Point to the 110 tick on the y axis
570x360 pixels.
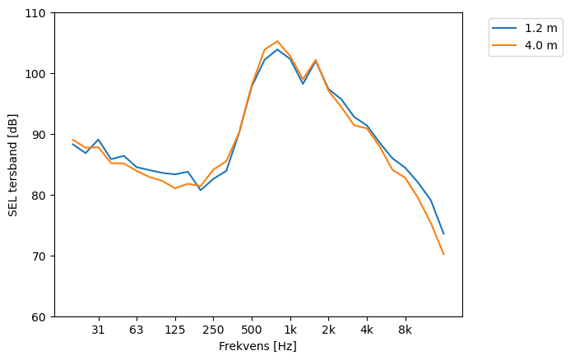coord(38,13)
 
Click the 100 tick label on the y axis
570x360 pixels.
coord(38,74)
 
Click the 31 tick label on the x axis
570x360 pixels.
coord(98,330)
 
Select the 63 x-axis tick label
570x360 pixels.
coord(137,330)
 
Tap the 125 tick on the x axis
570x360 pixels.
coord(174,330)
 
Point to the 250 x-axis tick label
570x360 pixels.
coord(213,330)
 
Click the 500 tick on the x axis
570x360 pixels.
coord(252,330)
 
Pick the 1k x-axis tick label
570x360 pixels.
coord(290,330)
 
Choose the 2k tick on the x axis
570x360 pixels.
coord(328,330)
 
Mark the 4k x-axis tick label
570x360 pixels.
coord(367,330)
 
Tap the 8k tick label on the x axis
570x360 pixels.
coord(405,330)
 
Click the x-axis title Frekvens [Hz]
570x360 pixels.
coord(257,347)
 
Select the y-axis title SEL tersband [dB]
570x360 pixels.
coord(13,164)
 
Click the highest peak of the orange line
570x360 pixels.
coord(277,41)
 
